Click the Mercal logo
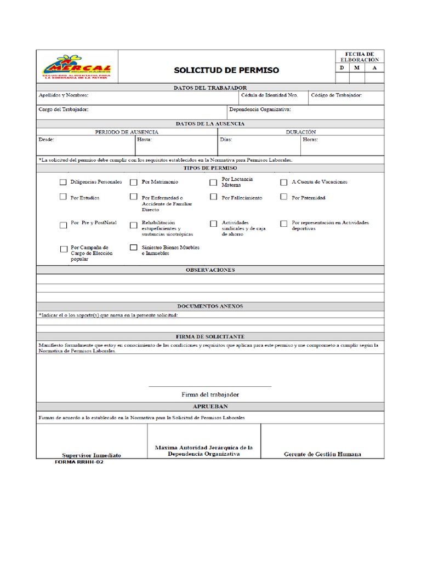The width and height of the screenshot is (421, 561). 76,67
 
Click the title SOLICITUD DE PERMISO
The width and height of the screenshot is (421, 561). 226,70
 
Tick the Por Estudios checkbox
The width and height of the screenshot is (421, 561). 63,197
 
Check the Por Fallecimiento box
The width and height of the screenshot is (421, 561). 213,197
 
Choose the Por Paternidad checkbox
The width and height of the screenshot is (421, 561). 284,197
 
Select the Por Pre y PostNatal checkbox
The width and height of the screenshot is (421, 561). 63,224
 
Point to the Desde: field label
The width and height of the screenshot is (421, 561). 46,140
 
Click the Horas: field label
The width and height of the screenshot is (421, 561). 310,140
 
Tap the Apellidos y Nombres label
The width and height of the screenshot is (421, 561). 63,95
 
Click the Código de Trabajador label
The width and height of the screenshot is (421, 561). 336,95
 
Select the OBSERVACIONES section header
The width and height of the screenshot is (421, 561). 210,270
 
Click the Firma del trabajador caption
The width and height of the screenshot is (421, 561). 210,394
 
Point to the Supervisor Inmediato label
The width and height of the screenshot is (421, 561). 92,455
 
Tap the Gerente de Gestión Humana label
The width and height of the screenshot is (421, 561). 322,454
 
